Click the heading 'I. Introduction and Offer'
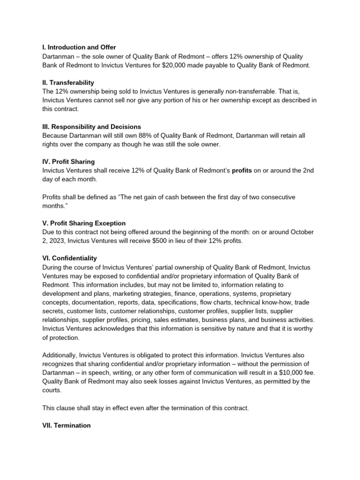(79, 47)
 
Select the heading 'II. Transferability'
(68, 82)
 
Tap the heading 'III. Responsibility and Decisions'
(91, 127)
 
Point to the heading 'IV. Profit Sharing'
(68, 162)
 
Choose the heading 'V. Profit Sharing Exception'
(84, 223)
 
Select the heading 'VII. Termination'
(67, 426)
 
